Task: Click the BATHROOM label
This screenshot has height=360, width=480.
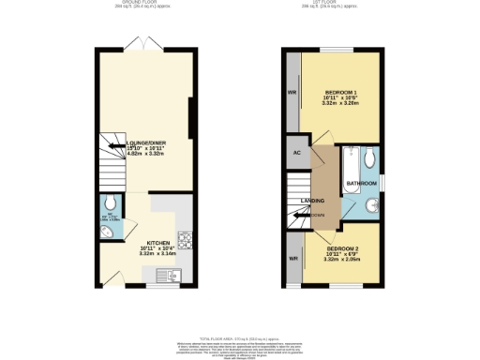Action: click(362, 182)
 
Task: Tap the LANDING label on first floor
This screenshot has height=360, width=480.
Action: click(313, 200)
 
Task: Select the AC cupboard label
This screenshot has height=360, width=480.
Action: click(297, 152)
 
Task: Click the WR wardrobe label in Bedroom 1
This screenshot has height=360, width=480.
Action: click(292, 94)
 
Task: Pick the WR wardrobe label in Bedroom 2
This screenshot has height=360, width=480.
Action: click(292, 258)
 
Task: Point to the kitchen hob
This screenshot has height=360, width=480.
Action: click(185, 242)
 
